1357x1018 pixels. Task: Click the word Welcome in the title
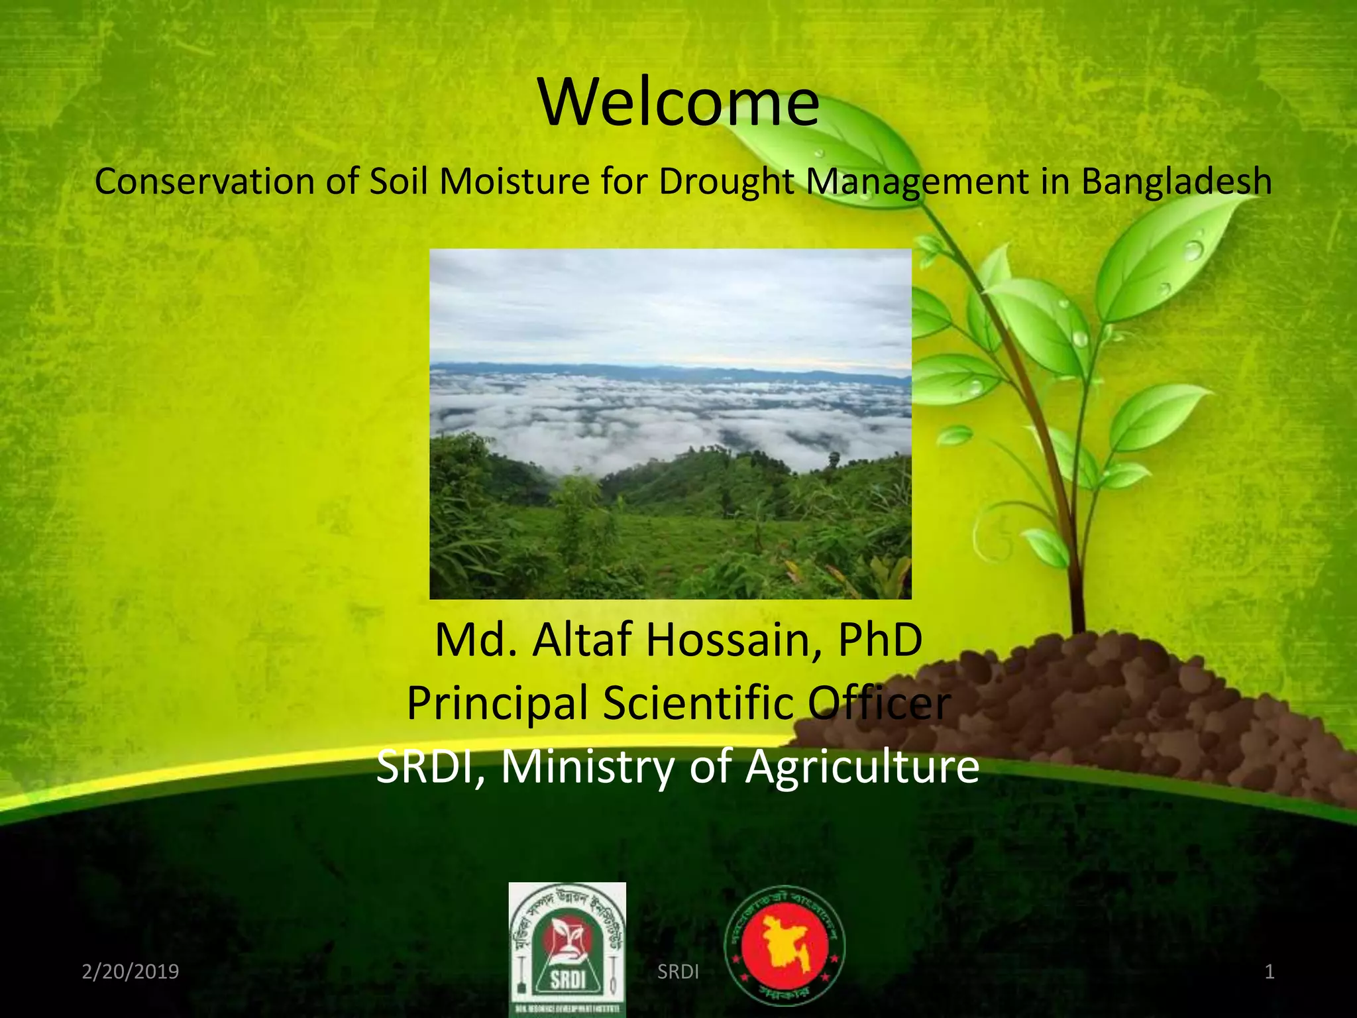(678, 103)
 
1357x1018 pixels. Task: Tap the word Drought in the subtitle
(726, 182)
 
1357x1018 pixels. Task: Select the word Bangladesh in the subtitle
(1176, 182)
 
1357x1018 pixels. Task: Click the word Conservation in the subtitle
(204, 182)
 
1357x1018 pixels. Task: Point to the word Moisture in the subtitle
(514, 182)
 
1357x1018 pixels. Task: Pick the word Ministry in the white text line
(587, 766)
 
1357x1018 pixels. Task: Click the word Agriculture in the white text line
(862, 767)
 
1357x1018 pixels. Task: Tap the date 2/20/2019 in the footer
(131, 972)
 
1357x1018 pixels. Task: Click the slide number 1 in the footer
(1270, 972)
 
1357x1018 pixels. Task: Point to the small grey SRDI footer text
(678, 972)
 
